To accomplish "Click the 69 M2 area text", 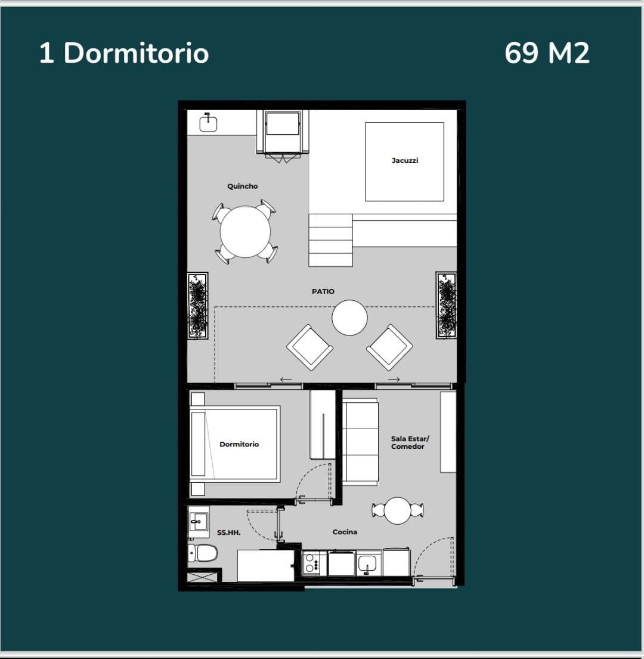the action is tap(547, 53).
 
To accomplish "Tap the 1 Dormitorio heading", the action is tap(124, 53).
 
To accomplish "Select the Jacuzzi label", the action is tap(405, 160).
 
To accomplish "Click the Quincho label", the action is tap(242, 186).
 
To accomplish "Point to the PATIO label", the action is tap(323, 291).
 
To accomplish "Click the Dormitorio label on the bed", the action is tap(239, 444).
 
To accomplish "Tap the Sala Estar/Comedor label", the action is tap(410, 442).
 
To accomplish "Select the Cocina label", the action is tap(345, 532).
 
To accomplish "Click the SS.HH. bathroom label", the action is tap(229, 532).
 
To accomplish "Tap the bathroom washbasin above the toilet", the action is tap(199, 522).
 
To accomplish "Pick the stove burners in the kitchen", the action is tap(314, 563).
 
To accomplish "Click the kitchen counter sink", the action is tap(367, 563).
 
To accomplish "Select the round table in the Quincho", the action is tap(245, 231).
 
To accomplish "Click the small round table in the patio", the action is tap(349, 318).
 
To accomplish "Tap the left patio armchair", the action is tap(310, 347).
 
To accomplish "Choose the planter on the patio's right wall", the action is tap(446, 305).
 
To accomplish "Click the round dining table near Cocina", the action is tap(398, 510).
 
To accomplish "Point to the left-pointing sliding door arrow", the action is tap(286, 380).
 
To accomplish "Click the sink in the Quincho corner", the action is tap(208, 123).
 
